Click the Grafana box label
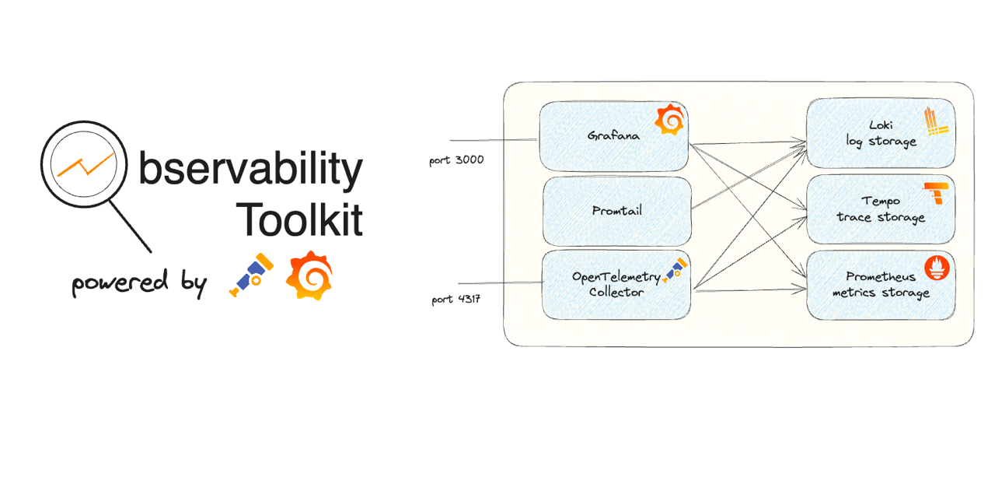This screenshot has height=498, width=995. tap(613, 135)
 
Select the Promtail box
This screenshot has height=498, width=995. tap(617, 211)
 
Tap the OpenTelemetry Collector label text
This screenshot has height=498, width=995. tap(616, 284)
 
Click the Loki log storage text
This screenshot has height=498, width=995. tap(881, 133)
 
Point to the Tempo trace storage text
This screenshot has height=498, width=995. tap(881, 209)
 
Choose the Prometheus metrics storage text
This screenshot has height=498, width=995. tap(881, 285)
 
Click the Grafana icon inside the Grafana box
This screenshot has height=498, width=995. tap(670, 119)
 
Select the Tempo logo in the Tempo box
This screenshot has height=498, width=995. tap(936, 193)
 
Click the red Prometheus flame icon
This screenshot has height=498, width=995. tap(937, 268)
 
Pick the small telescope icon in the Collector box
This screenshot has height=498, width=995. tap(675, 270)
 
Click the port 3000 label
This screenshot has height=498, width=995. tap(456, 160)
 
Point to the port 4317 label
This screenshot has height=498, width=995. tap(456, 300)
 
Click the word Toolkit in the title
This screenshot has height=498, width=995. tap(299, 219)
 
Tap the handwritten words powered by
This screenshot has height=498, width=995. tap(139, 283)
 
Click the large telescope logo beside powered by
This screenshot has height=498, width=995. tap(251, 275)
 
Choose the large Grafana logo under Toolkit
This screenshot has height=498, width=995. tap(309, 275)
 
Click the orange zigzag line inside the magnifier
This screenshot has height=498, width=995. tap(86, 164)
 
